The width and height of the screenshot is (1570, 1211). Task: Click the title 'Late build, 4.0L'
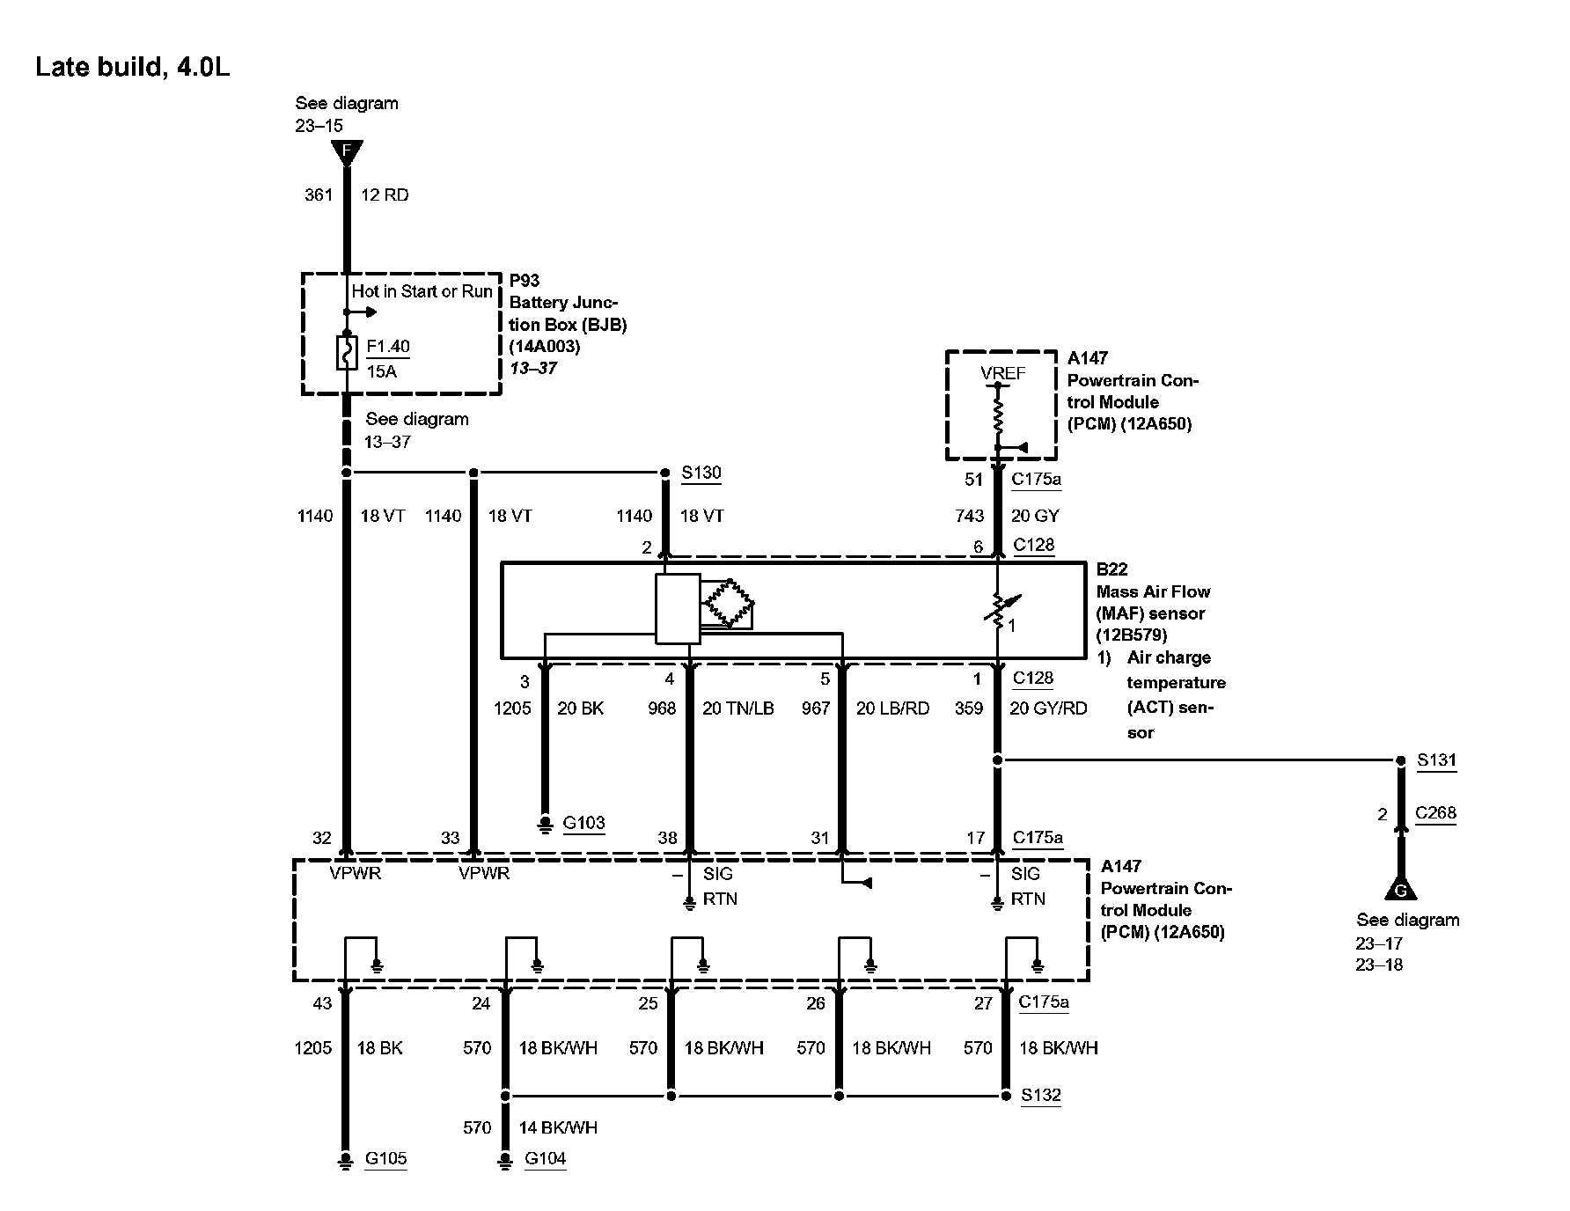point(132,68)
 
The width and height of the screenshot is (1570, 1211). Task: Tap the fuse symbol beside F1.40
point(346,353)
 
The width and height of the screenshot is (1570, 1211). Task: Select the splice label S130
point(701,473)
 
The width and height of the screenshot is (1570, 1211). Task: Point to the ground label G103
point(583,823)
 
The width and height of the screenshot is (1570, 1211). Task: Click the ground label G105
point(385,1158)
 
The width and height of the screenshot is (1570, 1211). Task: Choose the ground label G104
point(545,1158)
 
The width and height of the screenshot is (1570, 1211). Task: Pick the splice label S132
point(1041,1096)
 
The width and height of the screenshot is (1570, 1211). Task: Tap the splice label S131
point(1436,760)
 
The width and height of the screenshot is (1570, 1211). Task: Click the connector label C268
point(1435,813)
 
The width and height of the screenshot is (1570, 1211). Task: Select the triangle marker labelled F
point(347,152)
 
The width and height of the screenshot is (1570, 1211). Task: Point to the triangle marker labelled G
point(1400,889)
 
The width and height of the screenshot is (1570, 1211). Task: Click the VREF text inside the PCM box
point(1002,373)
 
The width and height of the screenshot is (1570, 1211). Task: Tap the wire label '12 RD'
point(385,195)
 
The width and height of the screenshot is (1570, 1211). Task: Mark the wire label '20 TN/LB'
point(737,708)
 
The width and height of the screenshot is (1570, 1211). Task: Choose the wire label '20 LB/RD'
point(892,708)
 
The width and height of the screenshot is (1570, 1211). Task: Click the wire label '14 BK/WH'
point(557,1127)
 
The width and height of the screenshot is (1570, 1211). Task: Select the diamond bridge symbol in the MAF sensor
point(727,604)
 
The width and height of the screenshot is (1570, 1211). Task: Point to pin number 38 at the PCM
point(667,838)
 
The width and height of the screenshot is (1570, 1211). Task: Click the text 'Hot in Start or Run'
point(422,291)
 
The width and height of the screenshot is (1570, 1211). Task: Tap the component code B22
point(1111,569)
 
